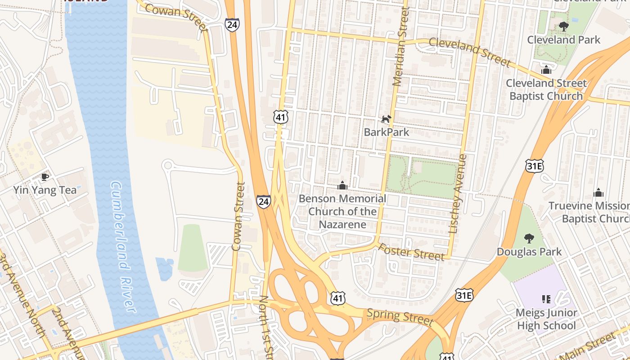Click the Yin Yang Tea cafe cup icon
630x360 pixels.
[x=45, y=177]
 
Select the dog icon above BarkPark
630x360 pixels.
[x=386, y=119]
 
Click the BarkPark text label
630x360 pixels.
[x=386, y=132]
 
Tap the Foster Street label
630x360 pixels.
[x=411, y=252]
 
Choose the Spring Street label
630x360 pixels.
[x=400, y=317]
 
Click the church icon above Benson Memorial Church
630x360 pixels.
[x=342, y=185]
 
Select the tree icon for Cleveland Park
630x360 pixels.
[x=563, y=27]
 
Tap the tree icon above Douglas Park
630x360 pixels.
[x=529, y=238]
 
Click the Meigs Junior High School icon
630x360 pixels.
[x=546, y=299]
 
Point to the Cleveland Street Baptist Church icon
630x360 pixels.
[x=546, y=70]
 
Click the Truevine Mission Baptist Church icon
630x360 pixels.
[x=598, y=193]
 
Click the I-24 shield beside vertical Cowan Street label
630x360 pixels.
[x=264, y=201]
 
